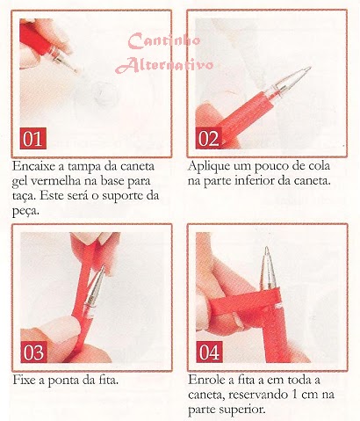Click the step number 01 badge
(33, 138)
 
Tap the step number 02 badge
(209, 138)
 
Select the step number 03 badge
(33, 352)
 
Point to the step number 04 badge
(209, 352)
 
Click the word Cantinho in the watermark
(164, 40)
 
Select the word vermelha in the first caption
(55, 181)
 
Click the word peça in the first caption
(25, 212)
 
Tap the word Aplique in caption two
(209, 166)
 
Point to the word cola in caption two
(319, 166)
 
